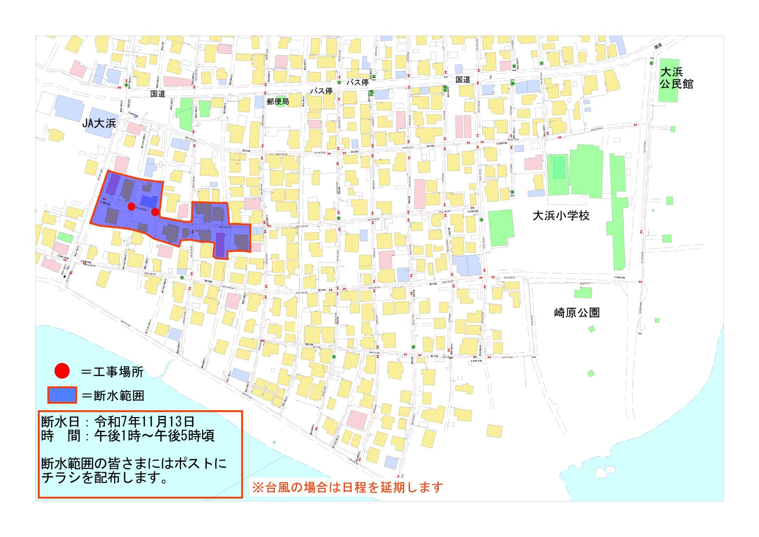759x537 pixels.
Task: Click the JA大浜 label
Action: [99, 123]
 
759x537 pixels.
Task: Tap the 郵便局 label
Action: [278, 101]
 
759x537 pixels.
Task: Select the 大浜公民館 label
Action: [677, 78]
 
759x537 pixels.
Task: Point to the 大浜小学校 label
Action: [561, 216]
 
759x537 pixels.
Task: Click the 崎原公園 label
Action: [576, 312]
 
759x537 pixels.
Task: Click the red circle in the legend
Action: [62, 371]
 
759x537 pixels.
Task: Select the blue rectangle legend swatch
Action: [62, 395]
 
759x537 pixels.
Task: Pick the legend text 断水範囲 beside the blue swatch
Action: [119, 396]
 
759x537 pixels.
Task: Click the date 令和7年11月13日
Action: [145, 421]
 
